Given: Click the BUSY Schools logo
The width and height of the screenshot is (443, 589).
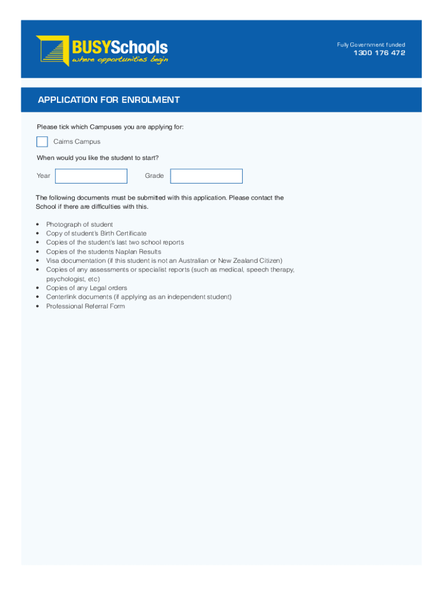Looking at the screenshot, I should click(x=102, y=50).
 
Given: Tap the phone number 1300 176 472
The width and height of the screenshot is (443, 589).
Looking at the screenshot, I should click(x=379, y=53).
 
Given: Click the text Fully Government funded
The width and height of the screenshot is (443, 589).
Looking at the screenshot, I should click(x=371, y=45).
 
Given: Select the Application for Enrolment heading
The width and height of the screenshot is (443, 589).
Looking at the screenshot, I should click(x=109, y=100).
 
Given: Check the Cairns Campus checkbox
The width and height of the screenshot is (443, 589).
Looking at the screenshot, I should click(x=42, y=141).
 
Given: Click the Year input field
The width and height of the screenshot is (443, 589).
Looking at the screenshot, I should click(x=91, y=176).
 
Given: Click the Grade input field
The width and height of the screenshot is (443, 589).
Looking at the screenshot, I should click(x=207, y=176).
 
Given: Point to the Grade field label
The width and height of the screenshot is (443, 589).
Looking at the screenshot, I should click(x=154, y=176).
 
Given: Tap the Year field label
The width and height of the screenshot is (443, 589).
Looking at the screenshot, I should click(x=43, y=176).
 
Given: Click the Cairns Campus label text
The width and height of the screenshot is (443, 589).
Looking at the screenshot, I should click(x=77, y=141).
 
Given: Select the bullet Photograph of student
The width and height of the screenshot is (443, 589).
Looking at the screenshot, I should click(x=79, y=224).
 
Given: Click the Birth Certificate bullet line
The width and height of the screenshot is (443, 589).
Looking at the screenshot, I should click(x=96, y=234).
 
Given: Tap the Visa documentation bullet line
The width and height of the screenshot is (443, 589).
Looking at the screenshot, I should click(x=164, y=261).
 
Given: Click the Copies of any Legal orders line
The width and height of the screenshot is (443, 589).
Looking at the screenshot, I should click(x=86, y=288).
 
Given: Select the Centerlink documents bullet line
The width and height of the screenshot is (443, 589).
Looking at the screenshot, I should click(x=139, y=297).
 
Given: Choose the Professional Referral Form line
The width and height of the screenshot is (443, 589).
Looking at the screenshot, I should click(x=85, y=306).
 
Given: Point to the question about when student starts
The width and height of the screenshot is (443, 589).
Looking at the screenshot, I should click(x=97, y=158).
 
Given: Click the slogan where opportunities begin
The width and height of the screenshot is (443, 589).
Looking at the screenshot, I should click(x=120, y=60).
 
